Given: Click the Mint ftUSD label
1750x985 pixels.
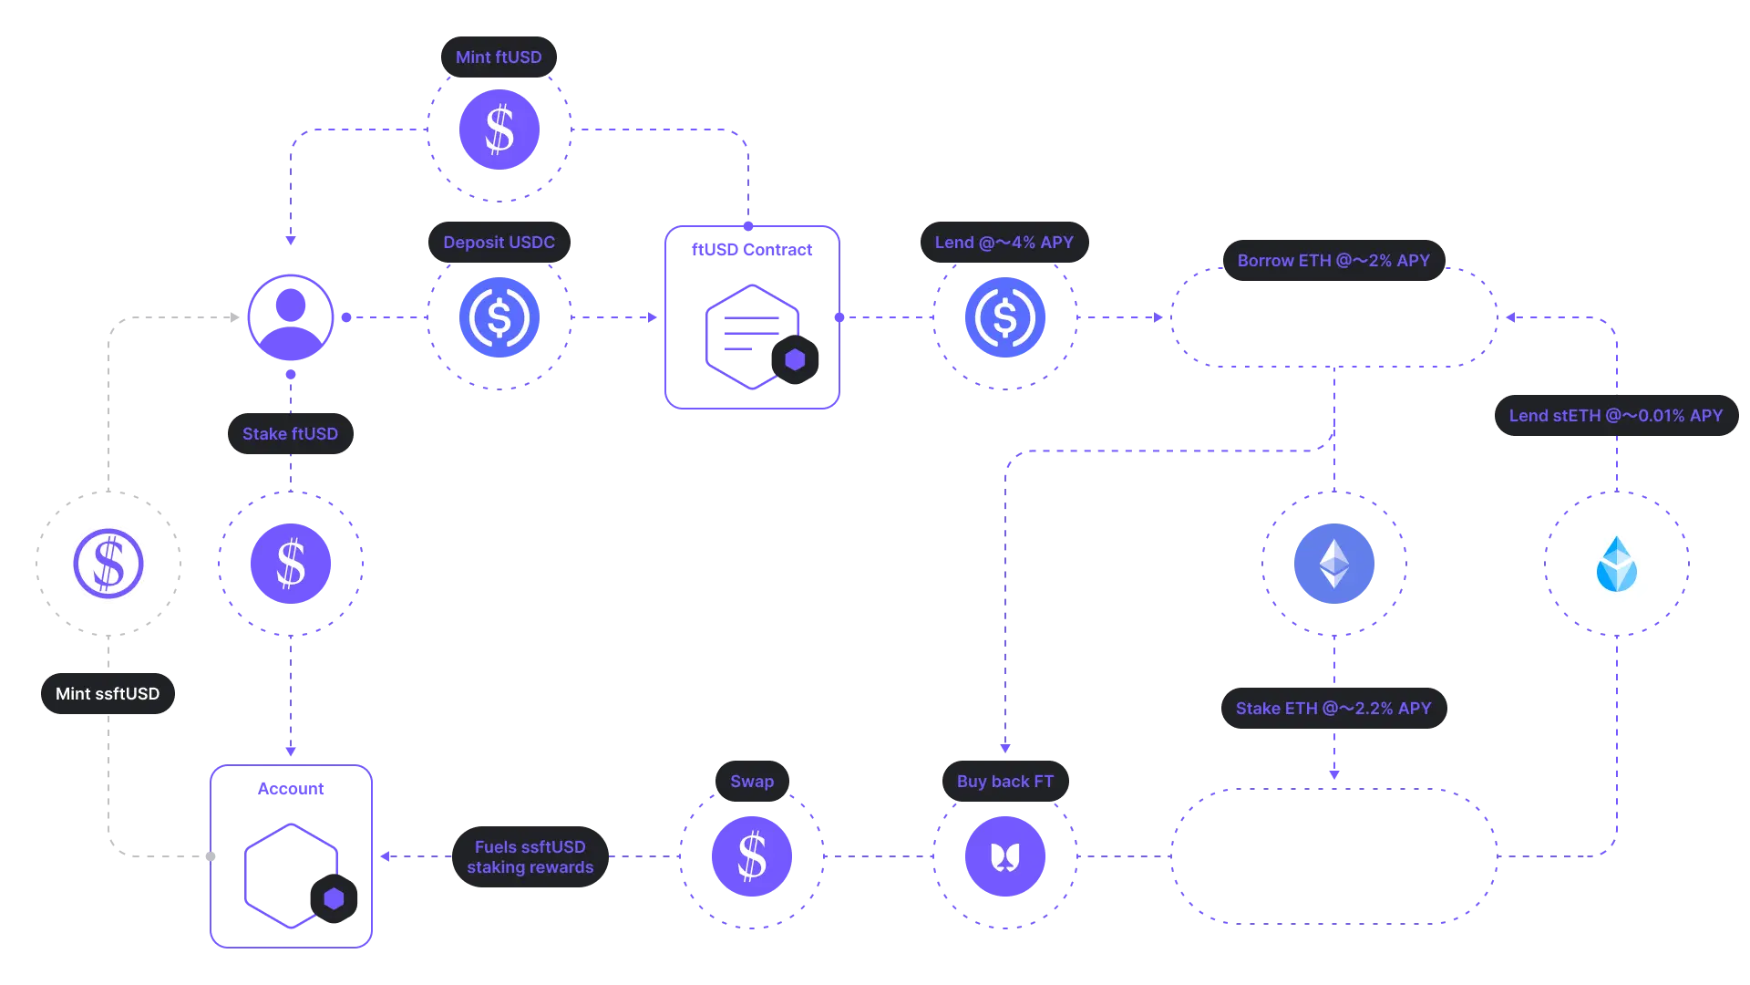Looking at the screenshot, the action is (x=499, y=57).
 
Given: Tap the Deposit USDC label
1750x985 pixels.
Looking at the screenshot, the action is (x=499, y=242).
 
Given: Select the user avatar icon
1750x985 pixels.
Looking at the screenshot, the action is (x=291, y=317).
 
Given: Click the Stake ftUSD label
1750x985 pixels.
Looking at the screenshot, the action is (x=290, y=433).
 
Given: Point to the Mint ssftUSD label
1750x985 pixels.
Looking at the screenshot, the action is (x=108, y=693).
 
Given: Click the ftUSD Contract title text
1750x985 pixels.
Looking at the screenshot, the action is (x=752, y=249).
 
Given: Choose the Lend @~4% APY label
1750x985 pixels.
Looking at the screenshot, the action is (x=1004, y=242).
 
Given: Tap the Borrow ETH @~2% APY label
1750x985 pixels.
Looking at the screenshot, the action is (x=1333, y=260).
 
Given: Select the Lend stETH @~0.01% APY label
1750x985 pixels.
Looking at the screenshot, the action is (x=1616, y=415).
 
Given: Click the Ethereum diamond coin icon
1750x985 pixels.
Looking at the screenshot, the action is (x=1334, y=564).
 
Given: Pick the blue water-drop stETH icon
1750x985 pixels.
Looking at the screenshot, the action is (x=1617, y=564).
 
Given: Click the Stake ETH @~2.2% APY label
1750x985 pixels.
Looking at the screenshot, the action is (x=1333, y=708).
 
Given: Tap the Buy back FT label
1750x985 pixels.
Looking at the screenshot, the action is (x=1005, y=781).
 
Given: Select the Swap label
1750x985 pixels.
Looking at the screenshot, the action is (x=752, y=781).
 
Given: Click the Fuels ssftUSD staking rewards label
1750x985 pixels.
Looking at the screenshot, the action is (x=530, y=856).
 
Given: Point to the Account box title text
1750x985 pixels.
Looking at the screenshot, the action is (x=291, y=788).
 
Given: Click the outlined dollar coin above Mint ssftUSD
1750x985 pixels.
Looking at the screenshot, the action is (x=108, y=564).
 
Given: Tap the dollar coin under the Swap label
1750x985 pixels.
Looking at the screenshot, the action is (x=752, y=856).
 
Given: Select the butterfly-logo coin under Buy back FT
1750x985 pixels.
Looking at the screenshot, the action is (x=1005, y=856).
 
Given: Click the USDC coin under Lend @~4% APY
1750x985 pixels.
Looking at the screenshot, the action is (x=1005, y=317).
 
